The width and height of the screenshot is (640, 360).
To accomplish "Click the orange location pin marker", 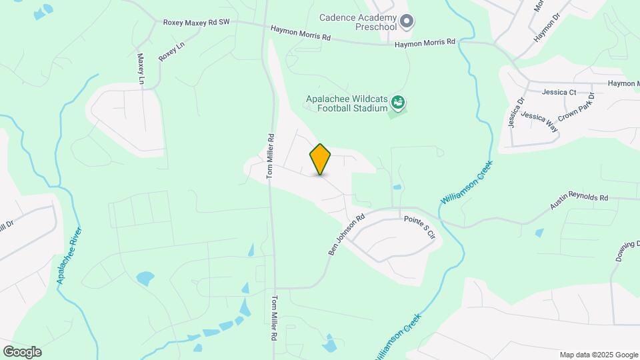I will pos(321,159).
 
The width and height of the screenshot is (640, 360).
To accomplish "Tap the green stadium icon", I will pos(399,103).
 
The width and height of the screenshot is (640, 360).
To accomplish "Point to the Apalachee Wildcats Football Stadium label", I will pos(345,103).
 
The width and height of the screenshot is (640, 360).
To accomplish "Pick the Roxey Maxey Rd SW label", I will pos(196,22).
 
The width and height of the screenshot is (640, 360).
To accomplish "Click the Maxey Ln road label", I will pos(141,69).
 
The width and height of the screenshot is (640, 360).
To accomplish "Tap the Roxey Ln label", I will pos(171,53).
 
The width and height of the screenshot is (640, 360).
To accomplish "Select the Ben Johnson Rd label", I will pos(347,235).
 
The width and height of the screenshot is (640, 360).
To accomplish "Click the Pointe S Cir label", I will pos(419,227).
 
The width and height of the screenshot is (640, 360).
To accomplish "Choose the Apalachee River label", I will pos(69,256).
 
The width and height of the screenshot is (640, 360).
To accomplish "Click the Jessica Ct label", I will pos(559,92).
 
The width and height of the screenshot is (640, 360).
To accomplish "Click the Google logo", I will pos(22,352).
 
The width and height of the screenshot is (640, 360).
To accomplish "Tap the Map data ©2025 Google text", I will pos(599,355).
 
